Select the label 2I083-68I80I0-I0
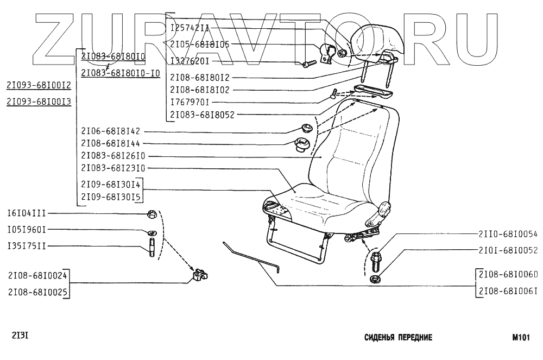[121, 73]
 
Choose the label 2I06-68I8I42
[110, 131]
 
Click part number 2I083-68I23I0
[113, 168]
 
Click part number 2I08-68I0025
[37, 292]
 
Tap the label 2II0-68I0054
[508, 235]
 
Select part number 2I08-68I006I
[508, 292]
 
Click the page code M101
[521, 337]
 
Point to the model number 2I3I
[20, 335]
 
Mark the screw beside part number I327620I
[307, 64]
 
